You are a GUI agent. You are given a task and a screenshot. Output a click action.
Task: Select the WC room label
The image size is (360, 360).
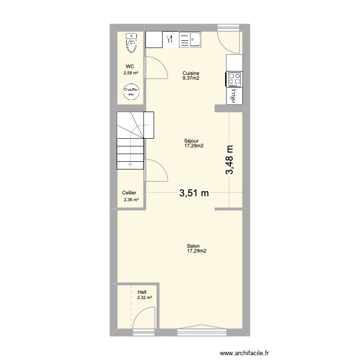click(130, 67)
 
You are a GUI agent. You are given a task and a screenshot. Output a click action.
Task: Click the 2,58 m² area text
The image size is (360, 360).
click(131, 73)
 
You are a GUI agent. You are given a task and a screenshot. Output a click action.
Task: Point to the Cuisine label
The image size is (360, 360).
click(191, 73)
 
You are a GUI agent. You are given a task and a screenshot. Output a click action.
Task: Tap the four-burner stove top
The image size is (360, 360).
click(234, 79)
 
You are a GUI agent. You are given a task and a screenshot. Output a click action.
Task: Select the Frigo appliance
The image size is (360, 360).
click(234, 95)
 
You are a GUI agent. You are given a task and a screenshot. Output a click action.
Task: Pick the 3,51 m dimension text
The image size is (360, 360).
click(194, 193)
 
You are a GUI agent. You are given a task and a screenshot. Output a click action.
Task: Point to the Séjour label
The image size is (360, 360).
click(191, 141)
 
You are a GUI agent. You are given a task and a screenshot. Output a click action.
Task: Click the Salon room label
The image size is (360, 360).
click(193, 246)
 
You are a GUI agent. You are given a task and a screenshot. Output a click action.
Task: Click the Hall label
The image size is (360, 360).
click(142, 292)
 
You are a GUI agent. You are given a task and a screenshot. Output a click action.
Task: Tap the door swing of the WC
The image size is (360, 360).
click(157, 68)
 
